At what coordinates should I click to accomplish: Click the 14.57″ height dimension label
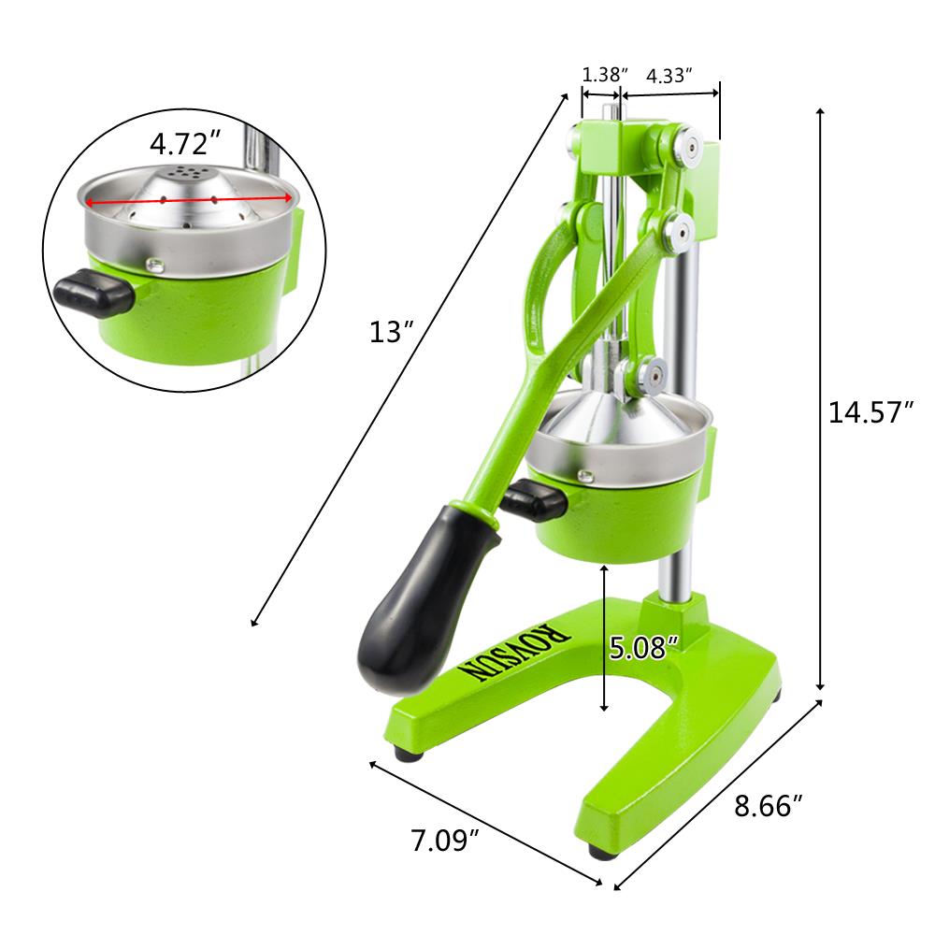[870, 412]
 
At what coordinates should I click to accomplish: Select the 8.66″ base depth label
[768, 805]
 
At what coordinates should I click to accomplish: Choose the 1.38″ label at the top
[603, 74]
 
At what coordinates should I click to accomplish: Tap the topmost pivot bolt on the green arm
[687, 145]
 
